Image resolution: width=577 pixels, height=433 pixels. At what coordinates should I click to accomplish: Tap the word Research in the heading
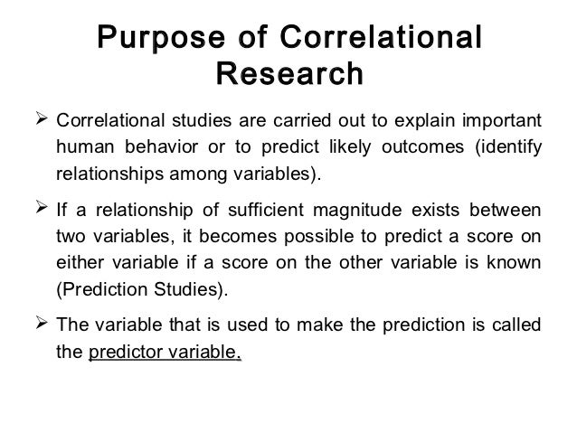click(289, 75)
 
